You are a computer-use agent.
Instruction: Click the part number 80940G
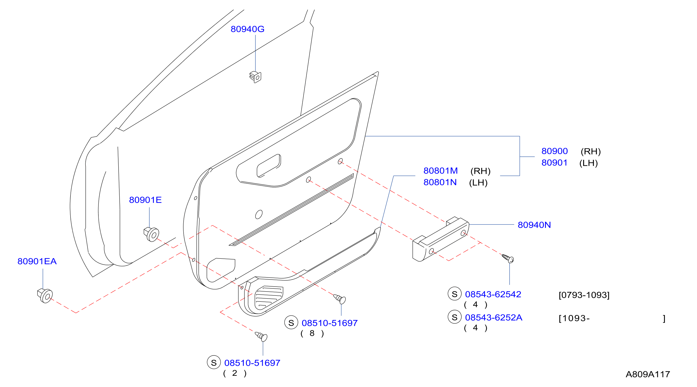[247, 29]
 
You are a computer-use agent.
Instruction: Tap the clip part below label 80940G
[255, 77]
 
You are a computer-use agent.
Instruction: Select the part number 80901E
[145, 200]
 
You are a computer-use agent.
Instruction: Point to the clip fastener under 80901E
[151, 234]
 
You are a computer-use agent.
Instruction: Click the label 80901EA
[37, 261]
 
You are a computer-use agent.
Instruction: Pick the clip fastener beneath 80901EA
[45, 296]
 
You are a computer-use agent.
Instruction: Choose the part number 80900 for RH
[554, 151]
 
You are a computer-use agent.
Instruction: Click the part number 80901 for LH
[554, 163]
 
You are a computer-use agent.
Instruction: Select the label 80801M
[441, 171]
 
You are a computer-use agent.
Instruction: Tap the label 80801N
[440, 183]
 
